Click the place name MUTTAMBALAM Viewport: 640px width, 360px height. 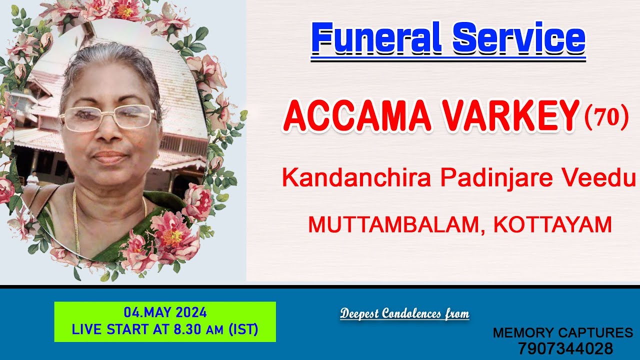(395, 224)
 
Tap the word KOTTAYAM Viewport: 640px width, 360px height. (552, 224)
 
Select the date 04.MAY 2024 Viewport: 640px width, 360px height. (165, 313)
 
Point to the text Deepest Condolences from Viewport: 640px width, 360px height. (404, 314)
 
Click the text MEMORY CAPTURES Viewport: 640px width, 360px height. (563, 333)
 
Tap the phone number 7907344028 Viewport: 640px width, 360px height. (565, 348)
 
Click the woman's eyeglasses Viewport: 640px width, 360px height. (107, 118)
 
